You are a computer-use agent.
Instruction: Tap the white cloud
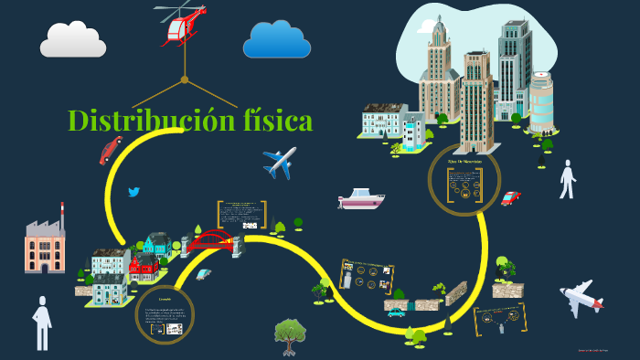(73, 39)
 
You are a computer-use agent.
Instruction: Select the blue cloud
(276, 39)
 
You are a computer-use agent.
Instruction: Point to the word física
(272, 121)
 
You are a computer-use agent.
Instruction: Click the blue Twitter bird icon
(134, 192)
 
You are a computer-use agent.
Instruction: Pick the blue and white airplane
(280, 162)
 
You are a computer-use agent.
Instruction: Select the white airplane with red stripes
(581, 297)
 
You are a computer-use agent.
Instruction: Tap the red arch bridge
(212, 240)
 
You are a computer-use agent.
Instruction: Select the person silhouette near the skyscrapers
(568, 179)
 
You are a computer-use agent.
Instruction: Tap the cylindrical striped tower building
(541, 102)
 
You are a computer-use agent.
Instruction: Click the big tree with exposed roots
(289, 335)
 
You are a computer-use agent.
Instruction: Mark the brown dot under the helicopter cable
(184, 79)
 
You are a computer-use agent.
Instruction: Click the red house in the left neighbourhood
(144, 266)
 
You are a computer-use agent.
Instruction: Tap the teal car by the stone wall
(396, 312)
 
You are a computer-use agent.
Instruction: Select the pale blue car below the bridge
(203, 273)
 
